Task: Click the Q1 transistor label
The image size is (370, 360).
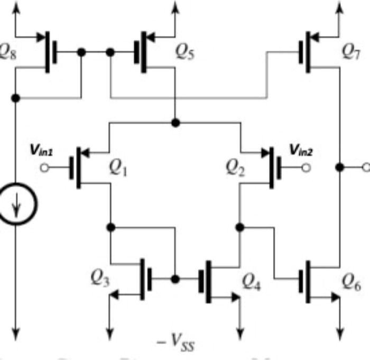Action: (118, 168)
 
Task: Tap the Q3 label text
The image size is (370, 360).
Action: (99, 279)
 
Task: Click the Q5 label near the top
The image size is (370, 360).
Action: (186, 51)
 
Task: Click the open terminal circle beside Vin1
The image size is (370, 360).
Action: (45, 168)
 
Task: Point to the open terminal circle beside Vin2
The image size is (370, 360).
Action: (305, 168)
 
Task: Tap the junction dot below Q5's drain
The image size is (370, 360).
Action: (175, 123)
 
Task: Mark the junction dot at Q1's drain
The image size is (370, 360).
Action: (110, 227)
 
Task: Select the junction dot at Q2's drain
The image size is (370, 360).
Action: (240, 227)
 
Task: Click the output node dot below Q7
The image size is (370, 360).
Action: (340, 167)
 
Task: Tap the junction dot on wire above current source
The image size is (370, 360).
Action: (16, 98)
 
